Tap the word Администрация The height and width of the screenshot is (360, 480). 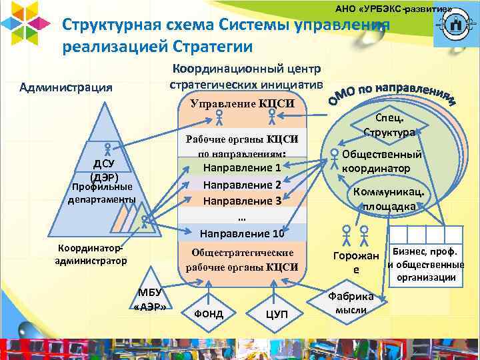coord(65,87)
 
